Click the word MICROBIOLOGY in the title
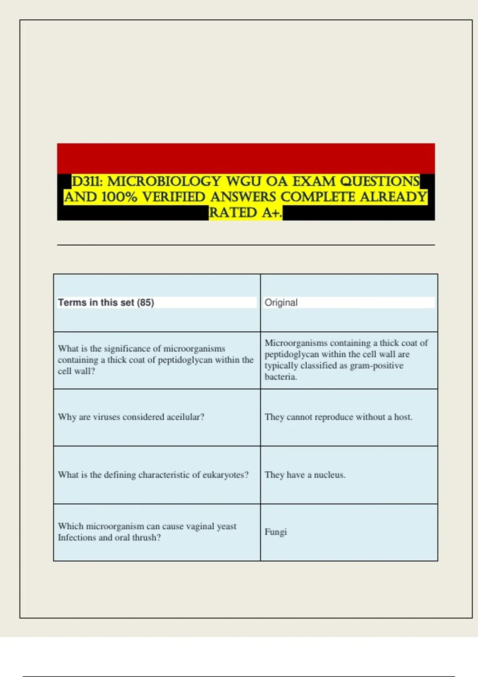tap(164, 182)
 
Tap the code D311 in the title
tap(86, 182)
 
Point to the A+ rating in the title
tap(271, 213)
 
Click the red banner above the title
tap(246, 158)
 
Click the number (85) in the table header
tap(145, 303)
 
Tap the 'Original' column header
tap(281, 303)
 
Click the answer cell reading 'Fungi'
tap(276, 532)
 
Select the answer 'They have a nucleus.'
tap(305, 475)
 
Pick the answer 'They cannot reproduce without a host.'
tap(338, 417)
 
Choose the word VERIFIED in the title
tap(174, 197)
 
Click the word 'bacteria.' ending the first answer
tap(281, 377)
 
